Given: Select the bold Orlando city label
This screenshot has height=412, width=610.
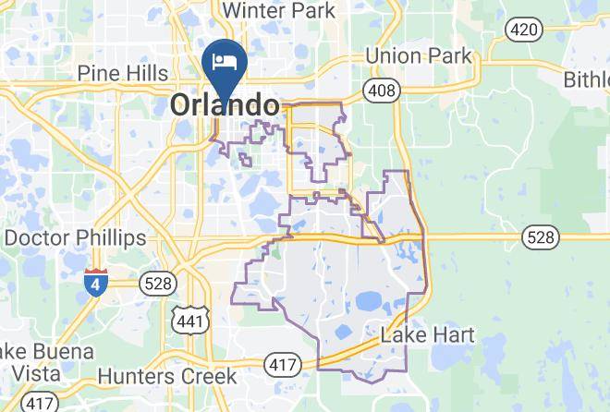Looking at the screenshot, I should [224, 105].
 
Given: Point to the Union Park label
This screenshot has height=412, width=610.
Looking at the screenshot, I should [419, 56].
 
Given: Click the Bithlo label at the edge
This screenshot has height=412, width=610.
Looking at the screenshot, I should [587, 79].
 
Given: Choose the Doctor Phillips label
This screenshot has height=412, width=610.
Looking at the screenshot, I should [75, 237].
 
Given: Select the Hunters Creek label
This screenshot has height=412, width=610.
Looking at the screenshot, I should [166, 376].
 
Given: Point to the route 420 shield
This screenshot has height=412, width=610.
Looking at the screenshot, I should [523, 30].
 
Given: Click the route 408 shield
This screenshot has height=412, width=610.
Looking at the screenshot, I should [381, 91].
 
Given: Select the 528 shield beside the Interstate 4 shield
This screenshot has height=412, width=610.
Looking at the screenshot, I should [157, 283].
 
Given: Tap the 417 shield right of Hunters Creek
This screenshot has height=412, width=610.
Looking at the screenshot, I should [282, 364].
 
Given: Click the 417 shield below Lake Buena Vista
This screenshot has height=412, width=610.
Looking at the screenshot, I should [40, 403].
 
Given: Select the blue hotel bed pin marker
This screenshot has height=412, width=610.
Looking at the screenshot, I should [224, 63].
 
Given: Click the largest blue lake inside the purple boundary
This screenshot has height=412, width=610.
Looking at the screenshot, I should [369, 300].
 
